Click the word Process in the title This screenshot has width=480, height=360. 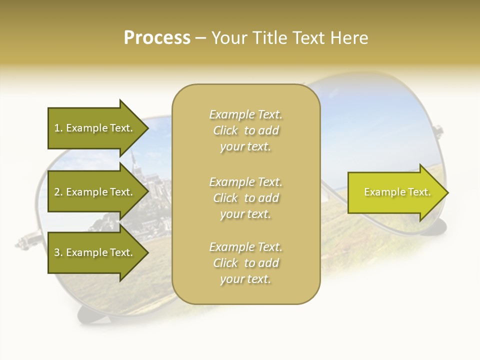tap(157, 38)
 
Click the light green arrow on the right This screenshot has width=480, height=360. tap(395, 192)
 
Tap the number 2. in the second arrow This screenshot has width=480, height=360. tap(58, 192)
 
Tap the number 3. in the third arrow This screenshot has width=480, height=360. tap(58, 252)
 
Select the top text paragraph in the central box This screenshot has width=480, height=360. tap(245, 130)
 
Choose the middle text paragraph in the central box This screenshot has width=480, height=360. tap(245, 197)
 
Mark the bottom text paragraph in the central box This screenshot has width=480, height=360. tap(245, 263)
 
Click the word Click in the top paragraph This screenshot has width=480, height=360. tap(225, 130)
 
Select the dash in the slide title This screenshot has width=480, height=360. tap(200, 38)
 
